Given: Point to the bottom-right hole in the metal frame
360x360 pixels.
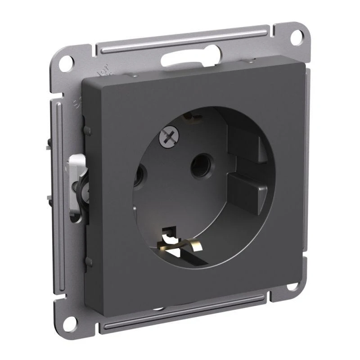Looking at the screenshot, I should click(292, 286).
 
